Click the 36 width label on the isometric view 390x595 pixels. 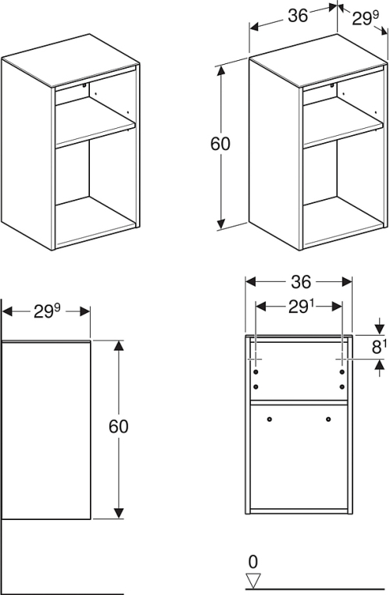tap(297, 16)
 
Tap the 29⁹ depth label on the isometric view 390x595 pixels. tap(365, 19)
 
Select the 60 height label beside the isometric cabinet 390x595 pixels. tap(220, 144)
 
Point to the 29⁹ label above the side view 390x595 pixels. tap(47, 312)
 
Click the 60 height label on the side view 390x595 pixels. tap(119, 426)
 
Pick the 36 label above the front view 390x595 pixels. tap(301, 282)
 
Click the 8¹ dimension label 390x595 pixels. tap(378, 347)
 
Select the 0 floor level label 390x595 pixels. tap(253, 561)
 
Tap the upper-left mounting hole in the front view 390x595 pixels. tap(256, 371)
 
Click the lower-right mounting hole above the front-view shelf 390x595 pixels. tap(342, 387)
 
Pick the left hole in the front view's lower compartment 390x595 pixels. tap(269, 419)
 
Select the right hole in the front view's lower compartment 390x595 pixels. tap(328, 419)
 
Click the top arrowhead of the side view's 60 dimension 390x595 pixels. tap(119, 346)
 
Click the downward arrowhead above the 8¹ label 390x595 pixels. tap(380, 330)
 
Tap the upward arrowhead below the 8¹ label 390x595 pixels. tap(380, 365)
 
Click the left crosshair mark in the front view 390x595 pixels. tap(256, 358)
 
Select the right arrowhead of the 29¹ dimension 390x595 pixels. tap(337, 307)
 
